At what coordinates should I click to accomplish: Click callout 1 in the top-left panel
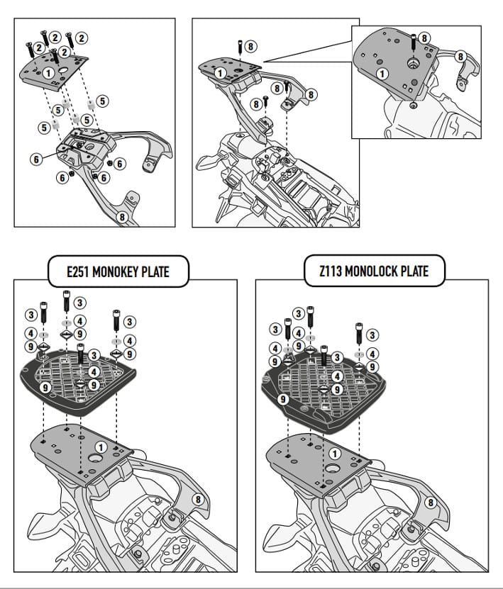click(x=49, y=72)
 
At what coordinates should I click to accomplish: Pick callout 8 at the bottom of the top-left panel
click(x=122, y=218)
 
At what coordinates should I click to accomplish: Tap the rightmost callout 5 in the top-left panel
click(x=102, y=101)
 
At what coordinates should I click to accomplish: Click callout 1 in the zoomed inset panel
click(x=382, y=73)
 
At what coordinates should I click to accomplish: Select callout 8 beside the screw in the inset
click(x=424, y=38)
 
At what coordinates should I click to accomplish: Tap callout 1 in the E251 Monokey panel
click(x=101, y=447)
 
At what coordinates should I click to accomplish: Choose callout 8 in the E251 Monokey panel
click(x=198, y=500)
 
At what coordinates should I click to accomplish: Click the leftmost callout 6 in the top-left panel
click(x=35, y=159)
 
